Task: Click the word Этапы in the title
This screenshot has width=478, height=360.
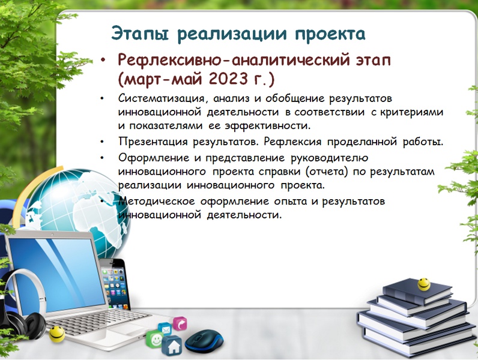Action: click(x=140, y=34)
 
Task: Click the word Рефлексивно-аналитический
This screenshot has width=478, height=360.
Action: click(x=234, y=61)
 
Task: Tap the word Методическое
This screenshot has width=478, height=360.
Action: click(x=156, y=202)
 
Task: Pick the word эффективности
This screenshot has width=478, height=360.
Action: click(x=268, y=126)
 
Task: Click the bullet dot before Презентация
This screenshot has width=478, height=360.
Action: click(x=102, y=142)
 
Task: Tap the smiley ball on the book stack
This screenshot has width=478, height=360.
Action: click(x=424, y=284)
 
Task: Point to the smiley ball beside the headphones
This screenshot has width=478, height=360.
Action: click(x=57, y=334)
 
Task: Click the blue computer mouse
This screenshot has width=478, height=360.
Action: click(x=204, y=341)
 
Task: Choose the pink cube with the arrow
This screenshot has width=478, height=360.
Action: click(x=180, y=324)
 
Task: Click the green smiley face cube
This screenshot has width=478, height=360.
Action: click(x=155, y=340)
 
